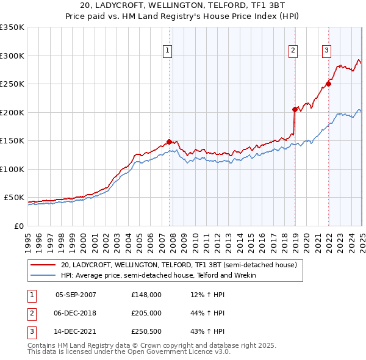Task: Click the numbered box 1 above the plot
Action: click(x=167, y=51)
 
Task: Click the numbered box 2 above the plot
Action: click(x=293, y=51)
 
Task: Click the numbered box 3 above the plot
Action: click(x=327, y=51)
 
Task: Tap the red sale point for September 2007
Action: click(x=169, y=142)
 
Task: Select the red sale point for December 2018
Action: click(x=295, y=110)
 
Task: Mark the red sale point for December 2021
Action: click(x=328, y=84)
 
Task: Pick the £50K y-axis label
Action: click(x=14, y=198)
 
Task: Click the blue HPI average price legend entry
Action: click(x=158, y=275)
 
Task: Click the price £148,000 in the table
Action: click(x=146, y=294)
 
